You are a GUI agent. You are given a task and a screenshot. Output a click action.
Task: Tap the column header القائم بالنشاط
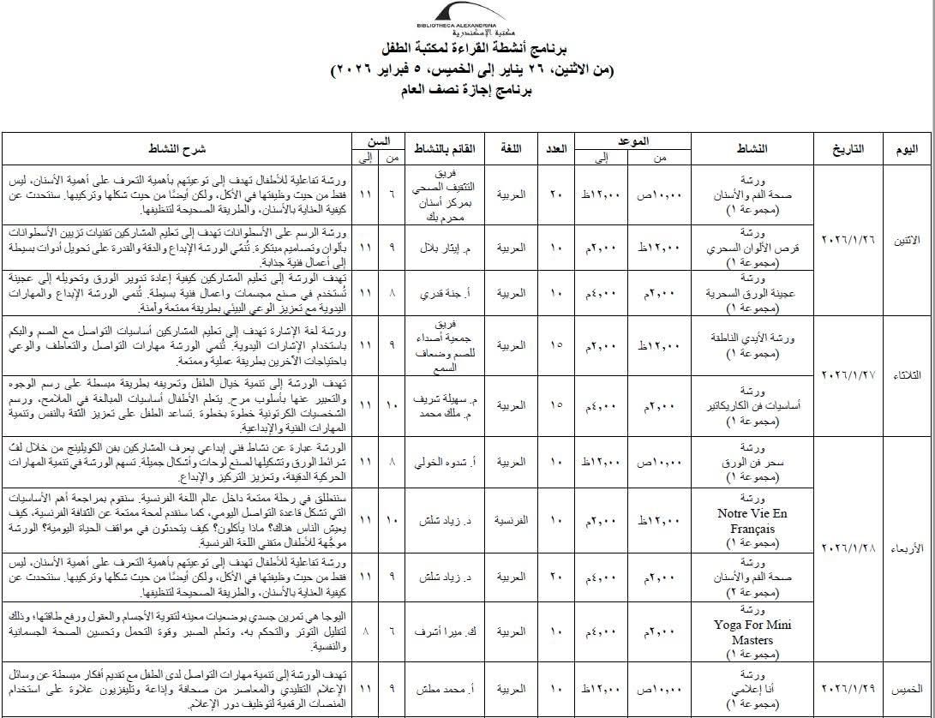445,149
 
